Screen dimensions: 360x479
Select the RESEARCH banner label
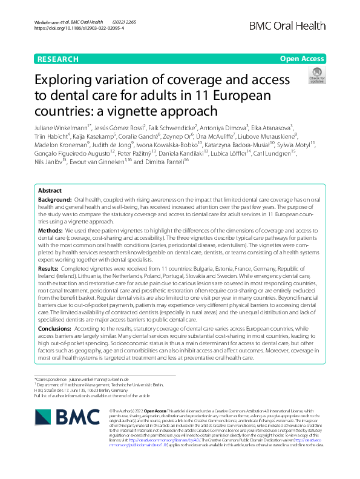(x=58, y=59)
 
